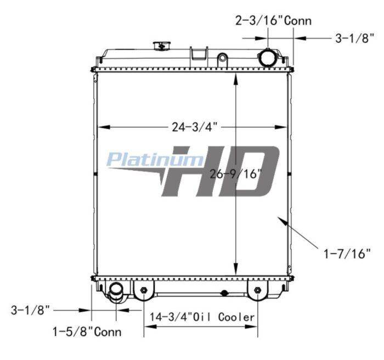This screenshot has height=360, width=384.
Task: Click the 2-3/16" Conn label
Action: [273, 21]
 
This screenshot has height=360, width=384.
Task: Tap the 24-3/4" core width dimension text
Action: [195, 127]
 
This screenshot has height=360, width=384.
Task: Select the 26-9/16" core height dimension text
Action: [235, 174]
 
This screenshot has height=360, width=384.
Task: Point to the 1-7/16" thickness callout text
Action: [347, 254]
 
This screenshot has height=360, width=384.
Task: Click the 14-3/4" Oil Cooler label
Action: [202, 317]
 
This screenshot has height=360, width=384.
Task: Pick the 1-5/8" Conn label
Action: [87, 332]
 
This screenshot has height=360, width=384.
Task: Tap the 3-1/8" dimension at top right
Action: [354, 38]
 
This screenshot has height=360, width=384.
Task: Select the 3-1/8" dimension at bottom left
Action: [30, 310]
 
